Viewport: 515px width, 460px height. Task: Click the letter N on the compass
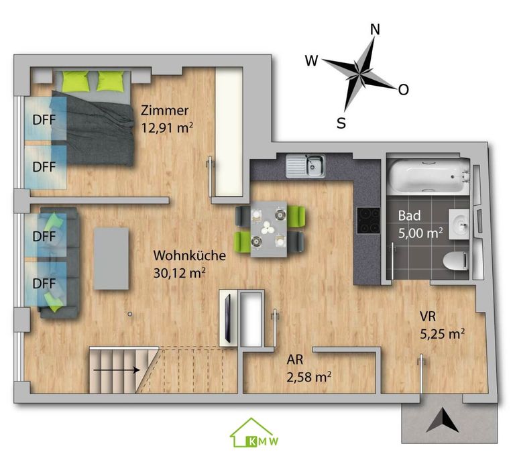click(x=375, y=30)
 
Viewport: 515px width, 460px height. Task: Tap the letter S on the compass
click(x=341, y=123)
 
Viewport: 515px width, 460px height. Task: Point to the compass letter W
click(x=312, y=61)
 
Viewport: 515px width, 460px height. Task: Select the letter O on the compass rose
click(x=403, y=89)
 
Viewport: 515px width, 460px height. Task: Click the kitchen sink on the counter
click(x=306, y=166)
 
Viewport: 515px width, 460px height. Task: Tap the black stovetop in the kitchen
click(x=369, y=221)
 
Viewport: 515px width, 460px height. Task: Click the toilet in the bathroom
click(x=455, y=262)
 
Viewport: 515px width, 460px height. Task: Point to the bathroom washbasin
click(x=459, y=224)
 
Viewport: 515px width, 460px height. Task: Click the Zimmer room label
click(x=164, y=111)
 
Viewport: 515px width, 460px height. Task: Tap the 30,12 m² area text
click(x=179, y=273)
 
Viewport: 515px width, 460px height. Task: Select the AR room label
click(x=295, y=360)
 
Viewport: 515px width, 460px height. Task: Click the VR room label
click(x=428, y=317)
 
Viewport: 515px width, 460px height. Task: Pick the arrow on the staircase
click(x=117, y=370)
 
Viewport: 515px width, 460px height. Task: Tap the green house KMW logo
click(x=254, y=433)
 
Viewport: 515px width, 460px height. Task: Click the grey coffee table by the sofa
click(x=111, y=259)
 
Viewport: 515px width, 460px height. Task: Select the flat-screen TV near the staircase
click(x=227, y=317)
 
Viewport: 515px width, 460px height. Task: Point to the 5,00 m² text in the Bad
click(x=420, y=233)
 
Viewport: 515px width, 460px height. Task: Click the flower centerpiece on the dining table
click(x=266, y=228)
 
